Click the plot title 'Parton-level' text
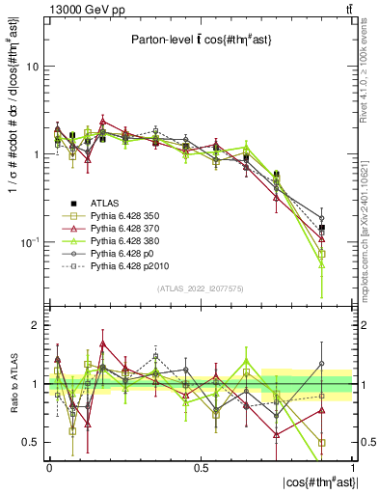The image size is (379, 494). click(x=164, y=40)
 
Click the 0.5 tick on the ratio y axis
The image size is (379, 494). click(x=33, y=442)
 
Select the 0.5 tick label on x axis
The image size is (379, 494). click(x=202, y=466)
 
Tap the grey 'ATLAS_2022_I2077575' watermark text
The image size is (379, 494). click(x=201, y=289)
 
